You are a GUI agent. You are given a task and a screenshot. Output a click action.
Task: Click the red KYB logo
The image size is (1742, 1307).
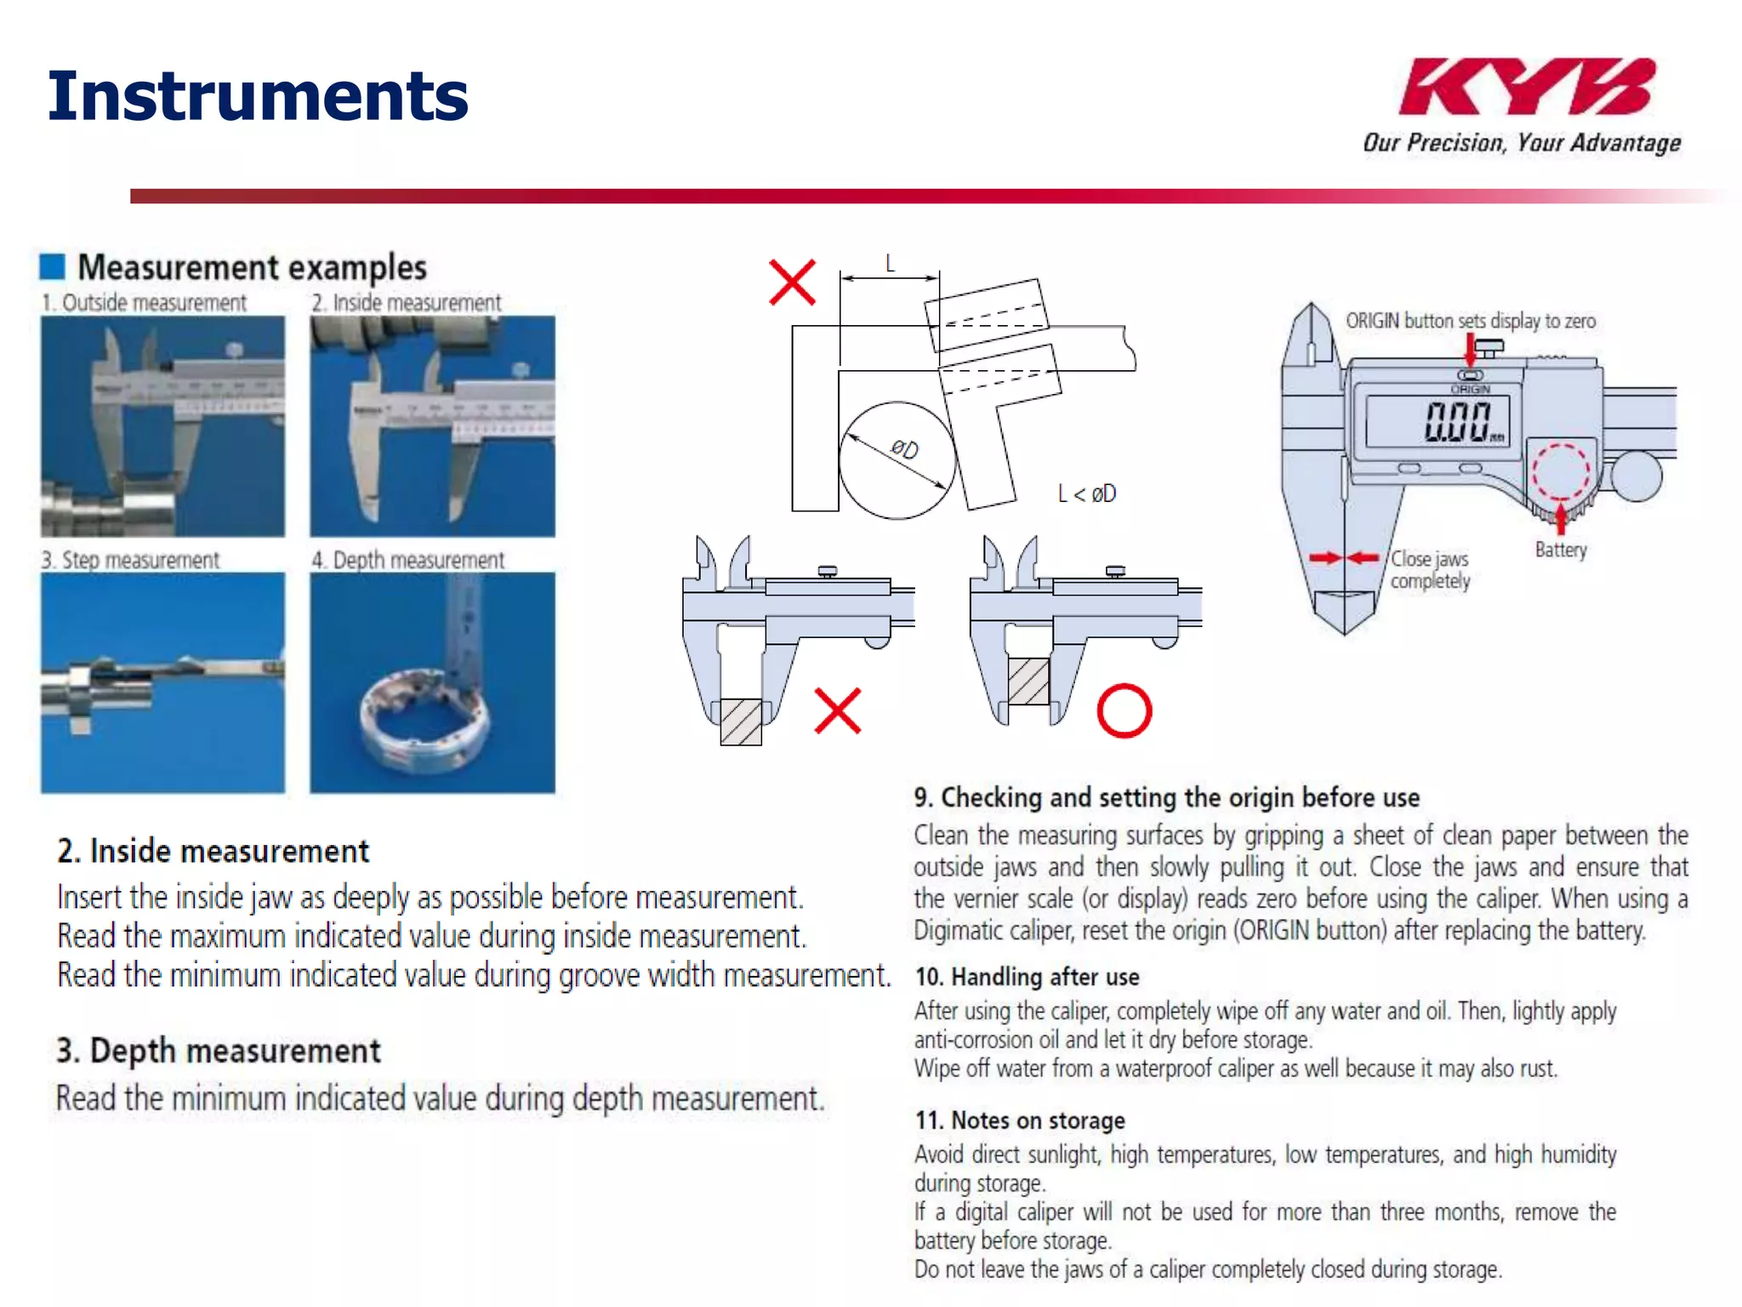(x=1526, y=87)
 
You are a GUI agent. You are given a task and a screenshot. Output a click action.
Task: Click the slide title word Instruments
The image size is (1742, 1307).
(x=258, y=95)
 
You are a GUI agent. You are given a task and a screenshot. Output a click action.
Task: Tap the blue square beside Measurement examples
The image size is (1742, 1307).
(x=52, y=266)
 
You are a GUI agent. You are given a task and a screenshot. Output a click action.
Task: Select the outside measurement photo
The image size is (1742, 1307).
(x=162, y=425)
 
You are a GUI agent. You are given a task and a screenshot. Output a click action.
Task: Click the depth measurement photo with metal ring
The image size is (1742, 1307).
(x=432, y=682)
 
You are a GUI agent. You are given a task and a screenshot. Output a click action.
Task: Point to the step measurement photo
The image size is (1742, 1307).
(x=162, y=682)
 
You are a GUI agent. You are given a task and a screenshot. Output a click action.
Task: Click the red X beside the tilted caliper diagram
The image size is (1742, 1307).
(x=792, y=283)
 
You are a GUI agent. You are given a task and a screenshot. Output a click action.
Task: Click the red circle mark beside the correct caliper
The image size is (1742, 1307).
(x=1124, y=711)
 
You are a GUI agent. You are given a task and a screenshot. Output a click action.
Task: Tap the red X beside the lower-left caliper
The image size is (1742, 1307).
(x=838, y=711)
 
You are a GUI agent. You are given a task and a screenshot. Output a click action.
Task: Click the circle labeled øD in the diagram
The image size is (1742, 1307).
(x=897, y=460)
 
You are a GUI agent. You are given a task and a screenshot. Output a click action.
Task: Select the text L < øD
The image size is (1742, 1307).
(x=1086, y=494)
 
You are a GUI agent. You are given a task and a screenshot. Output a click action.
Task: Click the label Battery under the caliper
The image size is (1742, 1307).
(x=1561, y=550)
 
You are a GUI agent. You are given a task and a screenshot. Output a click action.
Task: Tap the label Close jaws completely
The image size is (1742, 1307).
(x=1430, y=569)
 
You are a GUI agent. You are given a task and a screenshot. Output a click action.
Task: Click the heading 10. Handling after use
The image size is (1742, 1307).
(x=1027, y=977)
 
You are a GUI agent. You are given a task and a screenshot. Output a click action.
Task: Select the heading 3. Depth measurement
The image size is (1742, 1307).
(x=219, y=1051)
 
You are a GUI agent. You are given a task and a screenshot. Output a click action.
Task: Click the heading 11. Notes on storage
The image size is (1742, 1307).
(x=1020, y=1121)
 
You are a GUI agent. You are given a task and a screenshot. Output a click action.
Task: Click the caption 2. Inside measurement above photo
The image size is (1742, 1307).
(x=406, y=303)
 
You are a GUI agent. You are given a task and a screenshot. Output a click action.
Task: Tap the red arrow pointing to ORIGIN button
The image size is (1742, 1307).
(x=1470, y=350)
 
